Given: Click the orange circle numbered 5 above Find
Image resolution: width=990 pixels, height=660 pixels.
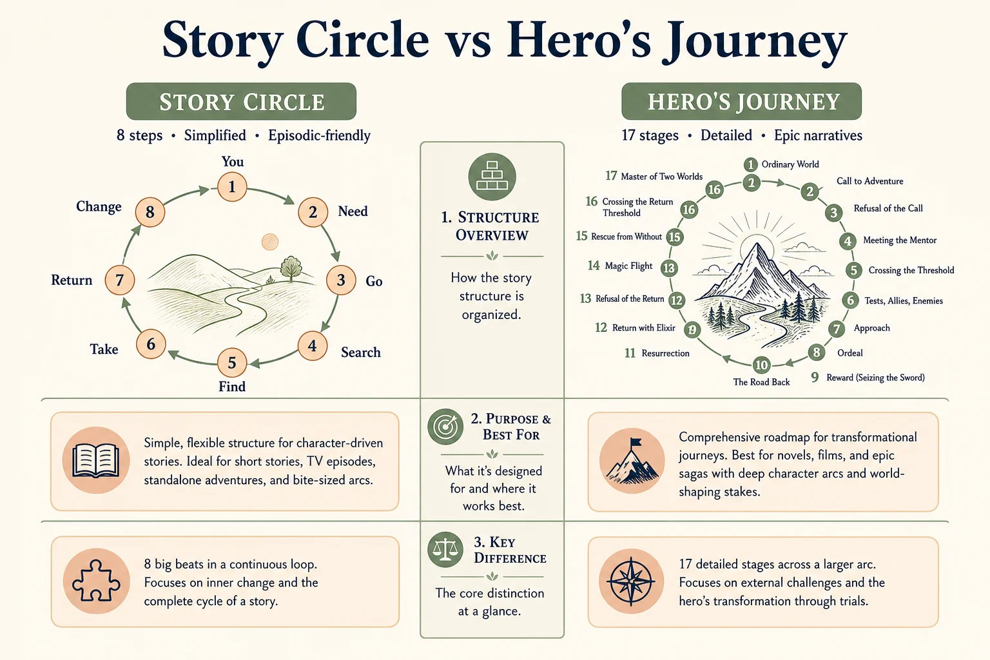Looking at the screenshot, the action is [232, 363].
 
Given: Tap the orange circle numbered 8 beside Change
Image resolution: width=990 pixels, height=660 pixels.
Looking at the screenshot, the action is [150, 212].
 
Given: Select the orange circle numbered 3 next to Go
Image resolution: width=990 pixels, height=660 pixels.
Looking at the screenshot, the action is [341, 280].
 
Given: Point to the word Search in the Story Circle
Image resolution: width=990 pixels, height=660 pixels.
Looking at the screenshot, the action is [361, 353].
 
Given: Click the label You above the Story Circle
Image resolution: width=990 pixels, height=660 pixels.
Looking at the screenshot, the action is [233, 162].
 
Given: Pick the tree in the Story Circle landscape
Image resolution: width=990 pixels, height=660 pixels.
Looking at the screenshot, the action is [291, 268].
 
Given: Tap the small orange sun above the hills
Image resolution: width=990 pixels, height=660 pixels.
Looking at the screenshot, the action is [270, 242].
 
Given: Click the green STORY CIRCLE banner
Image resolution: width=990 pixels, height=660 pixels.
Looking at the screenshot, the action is [241, 101].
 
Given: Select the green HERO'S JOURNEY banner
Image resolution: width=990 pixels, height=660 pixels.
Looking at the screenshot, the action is [742, 101].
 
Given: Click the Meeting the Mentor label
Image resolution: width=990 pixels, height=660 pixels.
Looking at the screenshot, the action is [900, 240].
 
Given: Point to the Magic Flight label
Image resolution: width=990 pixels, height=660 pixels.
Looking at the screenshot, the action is [628, 266].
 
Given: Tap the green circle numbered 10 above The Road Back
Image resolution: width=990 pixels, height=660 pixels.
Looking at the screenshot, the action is [761, 365].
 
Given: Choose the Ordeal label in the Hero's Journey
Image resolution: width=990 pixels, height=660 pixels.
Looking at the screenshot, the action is [850, 353].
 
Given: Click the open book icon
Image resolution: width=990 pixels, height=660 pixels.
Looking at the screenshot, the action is [96, 460].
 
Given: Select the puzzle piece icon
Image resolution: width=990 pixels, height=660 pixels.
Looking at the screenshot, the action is [96, 581].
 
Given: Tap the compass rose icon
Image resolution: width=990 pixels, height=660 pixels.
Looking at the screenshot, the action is [631, 581].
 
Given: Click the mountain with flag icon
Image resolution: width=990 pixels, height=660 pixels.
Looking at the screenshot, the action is [632, 461].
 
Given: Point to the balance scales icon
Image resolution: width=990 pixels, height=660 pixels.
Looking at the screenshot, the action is [445, 550].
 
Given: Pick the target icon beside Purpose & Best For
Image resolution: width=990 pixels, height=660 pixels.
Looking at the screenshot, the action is [445, 427].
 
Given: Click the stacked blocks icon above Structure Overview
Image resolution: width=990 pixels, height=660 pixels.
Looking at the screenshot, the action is [492, 177].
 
